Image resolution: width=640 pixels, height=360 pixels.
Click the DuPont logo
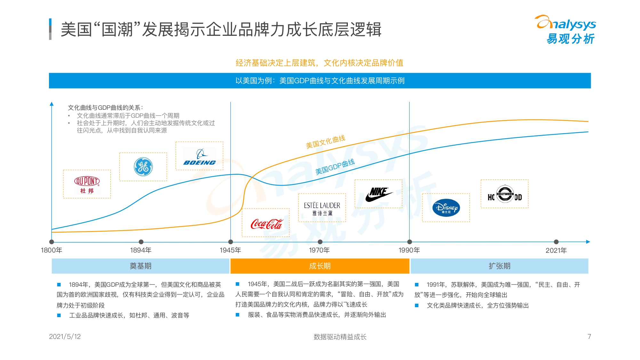(x=87, y=184)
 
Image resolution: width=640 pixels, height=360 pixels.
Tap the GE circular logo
(x=143, y=167)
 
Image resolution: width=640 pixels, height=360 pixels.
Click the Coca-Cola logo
(x=266, y=224)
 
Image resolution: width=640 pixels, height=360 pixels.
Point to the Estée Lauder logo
(x=322, y=208)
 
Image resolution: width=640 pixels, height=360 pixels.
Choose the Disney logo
(x=446, y=208)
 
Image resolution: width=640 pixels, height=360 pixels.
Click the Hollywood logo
(x=505, y=194)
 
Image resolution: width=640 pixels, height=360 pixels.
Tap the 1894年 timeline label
(x=141, y=250)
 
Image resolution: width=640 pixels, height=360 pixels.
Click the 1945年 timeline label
(x=230, y=250)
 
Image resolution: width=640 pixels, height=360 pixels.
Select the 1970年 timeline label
(x=319, y=250)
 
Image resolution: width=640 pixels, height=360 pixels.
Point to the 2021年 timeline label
(x=556, y=250)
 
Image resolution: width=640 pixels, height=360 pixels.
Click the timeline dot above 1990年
(x=410, y=242)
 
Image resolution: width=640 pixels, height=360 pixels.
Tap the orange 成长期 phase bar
(x=320, y=266)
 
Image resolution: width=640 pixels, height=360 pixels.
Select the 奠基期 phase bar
(x=140, y=266)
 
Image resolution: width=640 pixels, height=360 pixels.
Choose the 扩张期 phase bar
(x=499, y=266)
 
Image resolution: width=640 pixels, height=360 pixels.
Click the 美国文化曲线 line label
(x=325, y=142)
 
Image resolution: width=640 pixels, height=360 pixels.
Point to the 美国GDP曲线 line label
(x=335, y=167)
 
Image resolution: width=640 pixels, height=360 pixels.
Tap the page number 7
(x=589, y=337)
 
